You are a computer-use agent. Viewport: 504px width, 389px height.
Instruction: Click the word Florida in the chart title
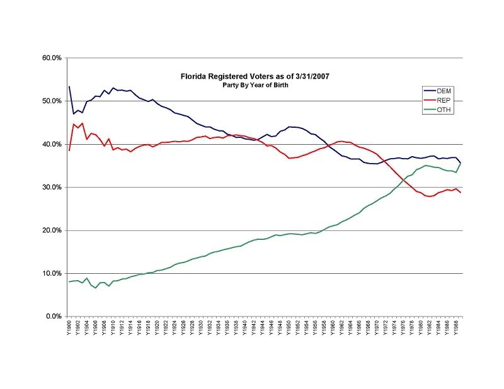[192, 76]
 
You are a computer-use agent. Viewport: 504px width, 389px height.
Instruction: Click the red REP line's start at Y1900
[69, 150]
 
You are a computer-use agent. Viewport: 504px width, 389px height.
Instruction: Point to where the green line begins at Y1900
[69, 281]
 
